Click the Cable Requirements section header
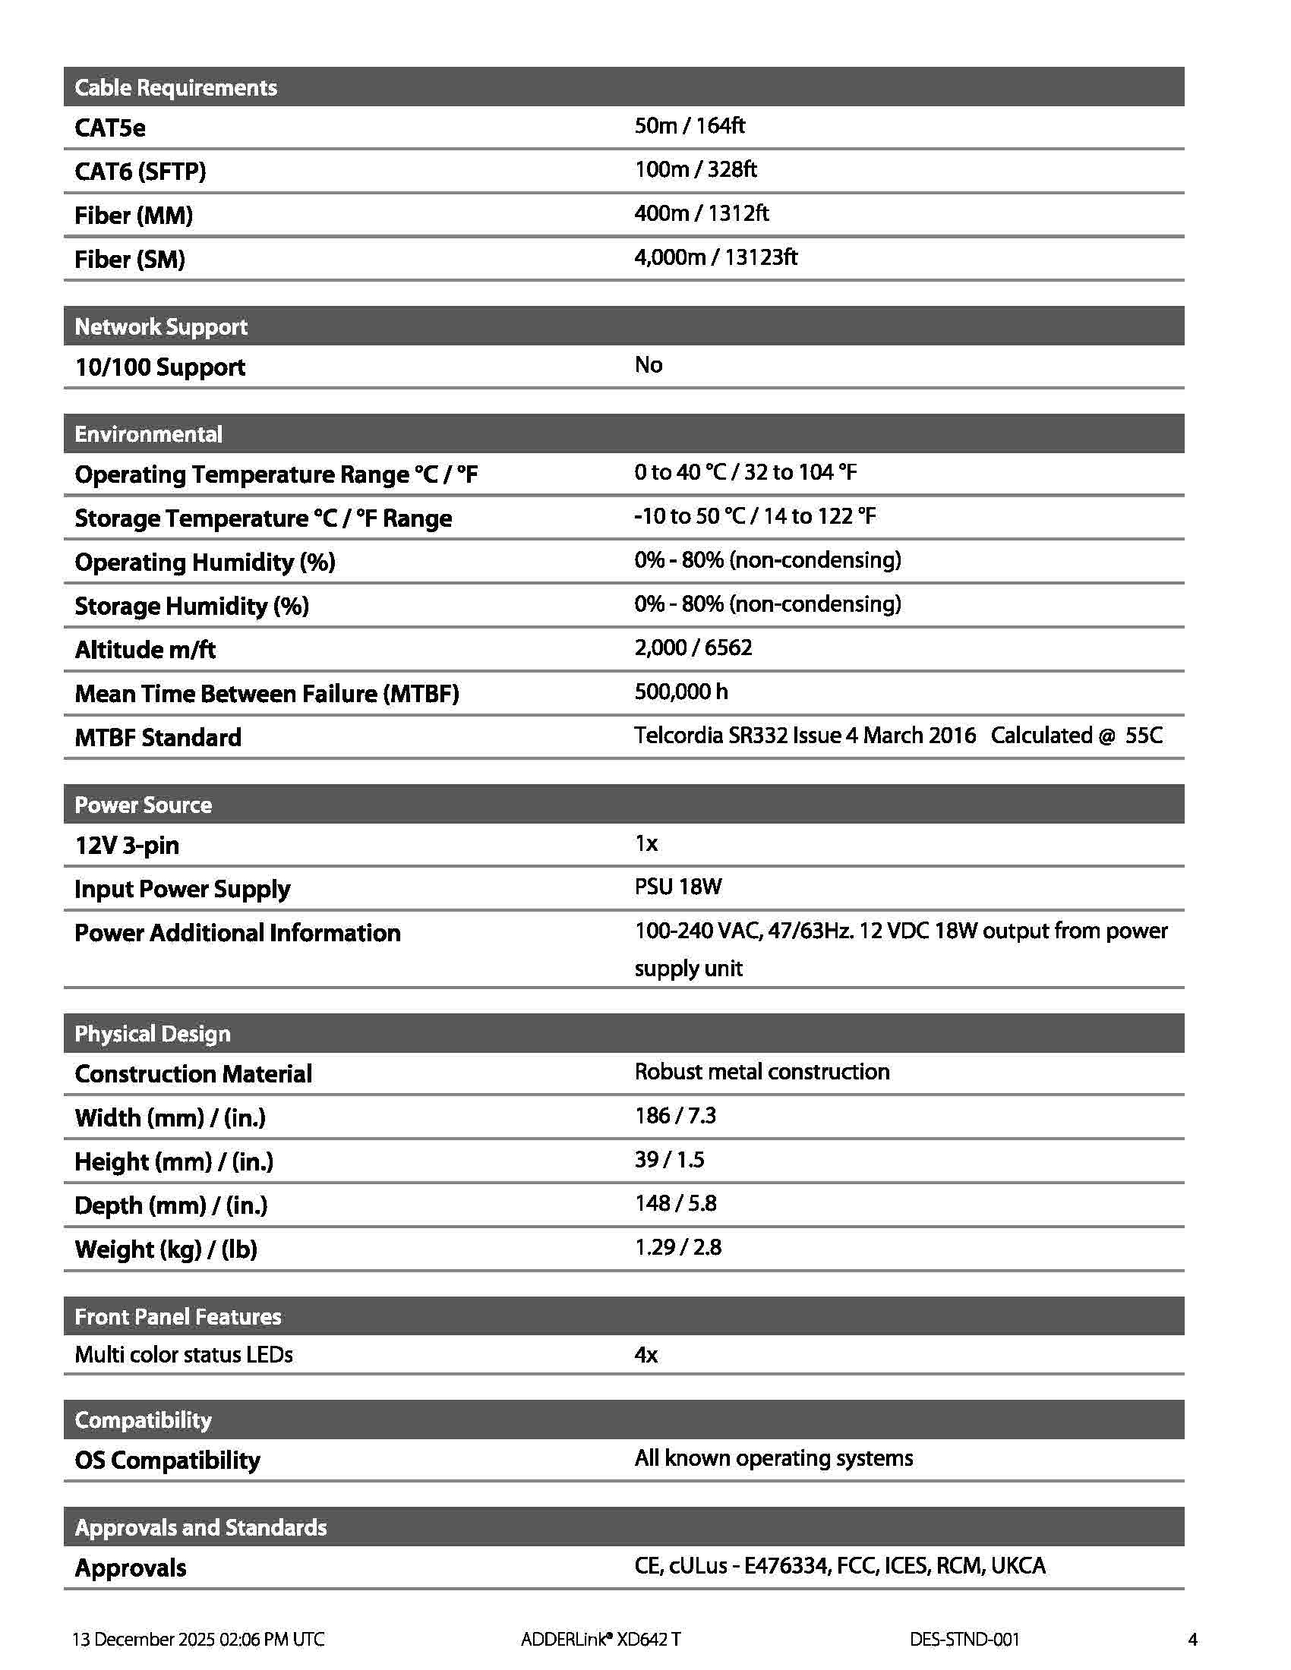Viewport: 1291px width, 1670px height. [x=175, y=87]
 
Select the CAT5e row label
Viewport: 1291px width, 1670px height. [x=109, y=128]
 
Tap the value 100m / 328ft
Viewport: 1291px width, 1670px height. [x=695, y=169]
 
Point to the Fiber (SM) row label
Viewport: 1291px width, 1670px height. [x=129, y=259]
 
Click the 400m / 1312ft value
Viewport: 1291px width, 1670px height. [x=702, y=213]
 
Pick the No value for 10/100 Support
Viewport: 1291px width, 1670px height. [x=648, y=364]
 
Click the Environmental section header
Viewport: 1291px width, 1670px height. [x=147, y=434]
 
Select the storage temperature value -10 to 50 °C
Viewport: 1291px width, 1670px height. [x=754, y=516]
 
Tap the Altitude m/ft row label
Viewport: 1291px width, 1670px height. [x=144, y=650]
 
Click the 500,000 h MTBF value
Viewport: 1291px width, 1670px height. [x=680, y=692]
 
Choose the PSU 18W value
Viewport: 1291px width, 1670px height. [x=677, y=887]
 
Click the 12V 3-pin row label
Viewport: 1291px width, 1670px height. [x=127, y=845]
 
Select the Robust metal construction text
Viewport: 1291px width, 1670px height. [x=762, y=1071]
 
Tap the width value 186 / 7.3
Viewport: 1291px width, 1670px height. [x=674, y=1116]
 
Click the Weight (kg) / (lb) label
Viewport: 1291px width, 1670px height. [x=166, y=1249]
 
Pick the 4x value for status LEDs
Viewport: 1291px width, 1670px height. [x=645, y=1355]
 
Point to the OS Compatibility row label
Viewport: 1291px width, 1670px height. [x=167, y=1460]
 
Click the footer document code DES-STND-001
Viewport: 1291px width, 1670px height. [x=964, y=1639]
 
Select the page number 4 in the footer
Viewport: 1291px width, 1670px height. [x=1192, y=1639]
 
